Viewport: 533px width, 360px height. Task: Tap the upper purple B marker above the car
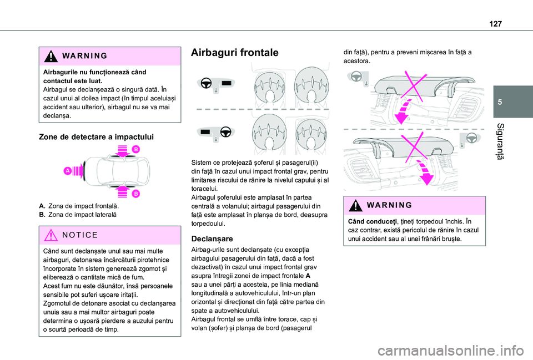click(x=135, y=149)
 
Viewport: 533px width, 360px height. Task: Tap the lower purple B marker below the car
click(x=135, y=194)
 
